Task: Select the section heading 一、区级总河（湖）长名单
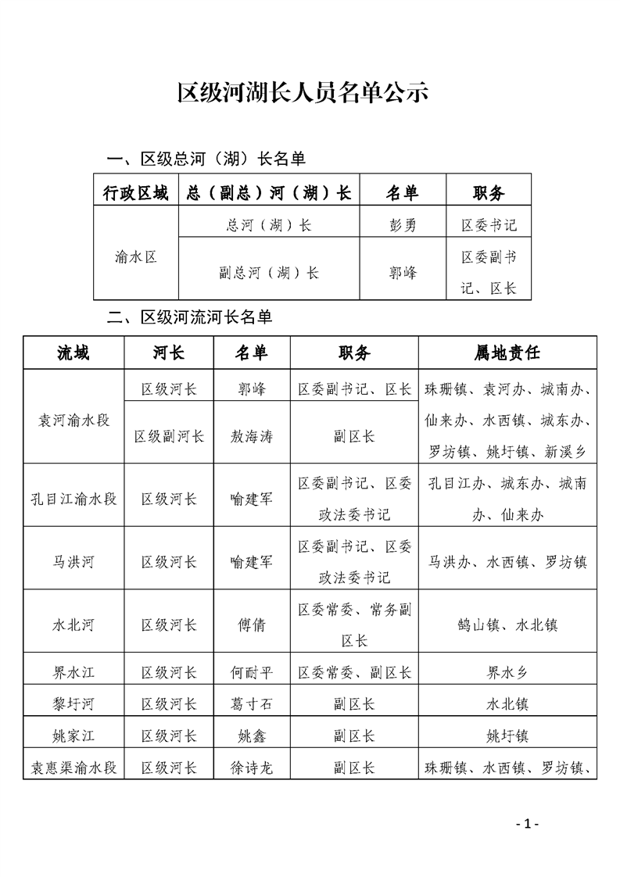pos(206,159)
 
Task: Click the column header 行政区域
pos(135,193)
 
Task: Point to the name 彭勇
pos(403,225)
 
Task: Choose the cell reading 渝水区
pos(135,256)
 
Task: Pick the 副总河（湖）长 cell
pos(268,273)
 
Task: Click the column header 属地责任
pos(507,353)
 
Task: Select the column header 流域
pos(73,353)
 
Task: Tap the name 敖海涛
pos(251,435)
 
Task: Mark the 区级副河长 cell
pos(169,435)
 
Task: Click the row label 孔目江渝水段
pos(73,498)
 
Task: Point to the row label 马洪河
pos(73,561)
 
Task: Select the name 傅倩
pos(251,625)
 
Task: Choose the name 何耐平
pos(251,671)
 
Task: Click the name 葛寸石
pos(251,703)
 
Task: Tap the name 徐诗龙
pos(251,768)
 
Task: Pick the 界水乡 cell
pos(507,671)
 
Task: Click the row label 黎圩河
pos(73,703)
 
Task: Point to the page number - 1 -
pos(528,823)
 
